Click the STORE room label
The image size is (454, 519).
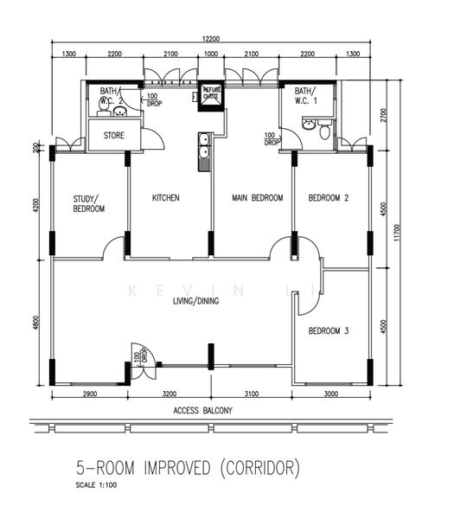click(x=114, y=135)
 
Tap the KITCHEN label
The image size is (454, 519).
click(x=166, y=197)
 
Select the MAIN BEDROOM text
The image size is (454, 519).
click(x=258, y=197)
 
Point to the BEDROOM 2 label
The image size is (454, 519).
click(x=329, y=197)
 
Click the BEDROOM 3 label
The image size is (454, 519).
click(x=329, y=330)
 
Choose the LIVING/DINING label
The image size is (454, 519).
click(x=196, y=301)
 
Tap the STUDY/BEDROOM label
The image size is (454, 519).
click(x=89, y=203)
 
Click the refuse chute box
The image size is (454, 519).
click(x=211, y=96)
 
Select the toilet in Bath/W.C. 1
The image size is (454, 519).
click(x=324, y=129)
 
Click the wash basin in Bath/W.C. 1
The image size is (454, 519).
click(x=309, y=125)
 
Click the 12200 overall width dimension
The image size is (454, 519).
click(x=211, y=39)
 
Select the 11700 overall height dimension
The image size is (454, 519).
click(x=397, y=233)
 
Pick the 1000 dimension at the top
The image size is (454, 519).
click(x=211, y=54)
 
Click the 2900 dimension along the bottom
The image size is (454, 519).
click(x=90, y=394)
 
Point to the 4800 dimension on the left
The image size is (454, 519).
click(x=35, y=323)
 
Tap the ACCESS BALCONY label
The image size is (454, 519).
click(x=203, y=410)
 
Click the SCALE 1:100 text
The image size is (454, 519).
click(x=96, y=485)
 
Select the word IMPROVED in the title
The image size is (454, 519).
click(x=177, y=468)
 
